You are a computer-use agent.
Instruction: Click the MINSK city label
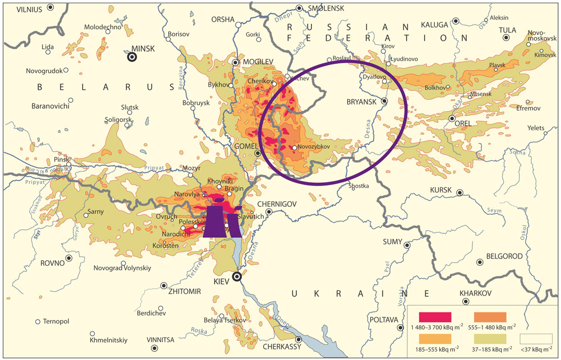tap(142, 49)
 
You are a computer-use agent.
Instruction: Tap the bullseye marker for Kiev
tap(237, 276)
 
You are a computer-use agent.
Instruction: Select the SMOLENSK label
tap(327, 8)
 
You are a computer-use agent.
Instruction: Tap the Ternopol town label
tap(56, 321)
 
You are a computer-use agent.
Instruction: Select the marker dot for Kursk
tap(459, 192)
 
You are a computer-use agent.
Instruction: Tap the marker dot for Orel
tap(452, 118)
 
